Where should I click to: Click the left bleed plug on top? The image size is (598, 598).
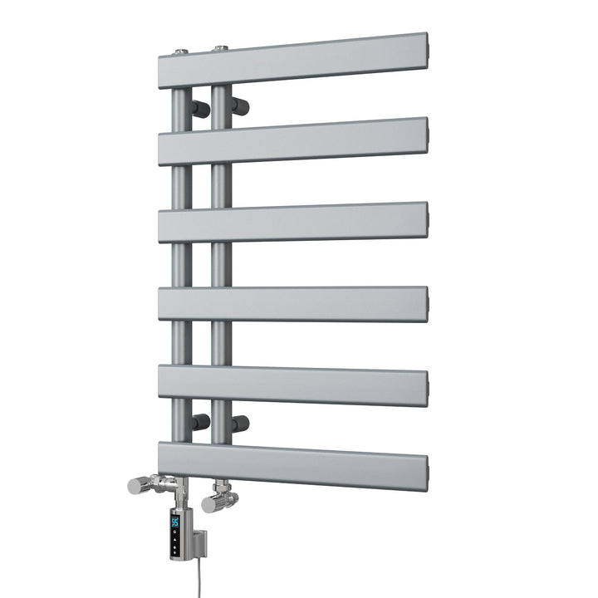(180, 51)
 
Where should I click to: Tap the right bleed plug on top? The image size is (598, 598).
(219, 48)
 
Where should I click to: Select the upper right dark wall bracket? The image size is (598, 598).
(241, 105)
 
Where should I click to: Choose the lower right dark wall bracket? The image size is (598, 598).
(241, 424)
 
